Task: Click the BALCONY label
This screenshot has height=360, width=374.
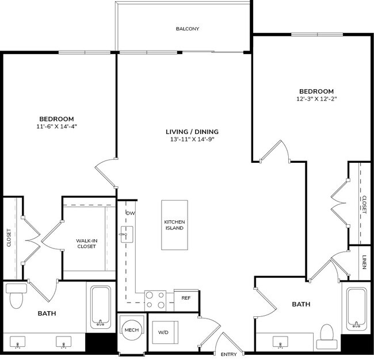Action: coord(188,28)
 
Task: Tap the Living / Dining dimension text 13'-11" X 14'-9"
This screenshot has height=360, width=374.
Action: coord(190,140)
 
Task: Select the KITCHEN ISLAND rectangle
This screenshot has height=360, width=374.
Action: coord(174,225)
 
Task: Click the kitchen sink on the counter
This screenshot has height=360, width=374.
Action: coord(127,235)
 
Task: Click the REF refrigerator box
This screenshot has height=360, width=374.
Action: coord(186,298)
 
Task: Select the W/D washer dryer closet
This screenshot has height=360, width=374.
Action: coord(163,332)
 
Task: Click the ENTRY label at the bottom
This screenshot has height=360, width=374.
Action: coord(229,354)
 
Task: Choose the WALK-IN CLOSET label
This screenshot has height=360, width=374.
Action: coord(86,243)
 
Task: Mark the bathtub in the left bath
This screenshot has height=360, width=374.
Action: coord(101,307)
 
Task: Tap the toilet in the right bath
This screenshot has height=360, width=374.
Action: coord(327,336)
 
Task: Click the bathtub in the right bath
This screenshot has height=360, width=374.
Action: coord(357,308)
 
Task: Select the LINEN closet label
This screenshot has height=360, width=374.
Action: coord(364,262)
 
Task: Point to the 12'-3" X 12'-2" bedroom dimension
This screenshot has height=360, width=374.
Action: coord(316,99)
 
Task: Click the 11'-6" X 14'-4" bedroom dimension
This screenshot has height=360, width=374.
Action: coord(55,126)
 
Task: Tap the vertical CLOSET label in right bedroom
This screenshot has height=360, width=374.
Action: coord(364,205)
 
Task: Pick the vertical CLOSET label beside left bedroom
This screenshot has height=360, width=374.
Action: coord(9,238)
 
